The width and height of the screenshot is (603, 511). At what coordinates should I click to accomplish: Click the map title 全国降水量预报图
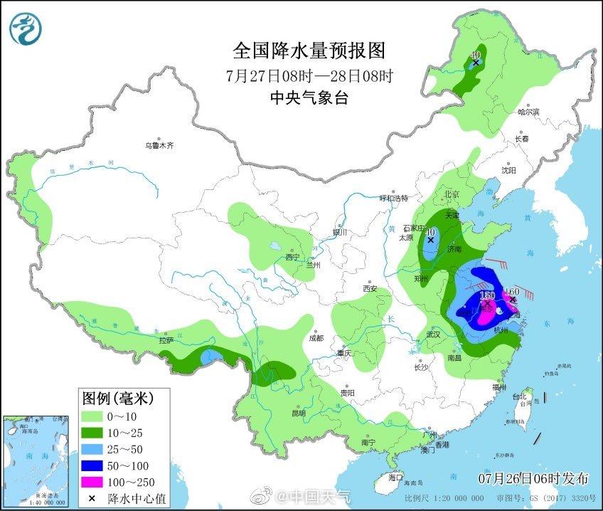point(309,51)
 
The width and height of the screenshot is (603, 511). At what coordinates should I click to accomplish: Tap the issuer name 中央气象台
point(309,99)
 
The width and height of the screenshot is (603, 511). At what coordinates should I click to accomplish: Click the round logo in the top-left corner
point(26,28)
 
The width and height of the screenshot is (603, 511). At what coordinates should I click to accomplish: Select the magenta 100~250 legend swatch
point(95,482)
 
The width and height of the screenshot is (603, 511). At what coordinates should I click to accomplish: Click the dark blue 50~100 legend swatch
point(95,465)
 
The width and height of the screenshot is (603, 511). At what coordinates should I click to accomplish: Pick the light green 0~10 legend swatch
point(95,416)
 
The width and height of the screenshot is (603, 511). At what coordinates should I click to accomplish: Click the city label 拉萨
point(166,340)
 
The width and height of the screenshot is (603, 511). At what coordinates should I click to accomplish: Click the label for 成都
point(316,338)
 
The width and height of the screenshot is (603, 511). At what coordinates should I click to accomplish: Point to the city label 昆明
point(298,413)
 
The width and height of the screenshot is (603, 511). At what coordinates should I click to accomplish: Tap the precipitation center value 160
point(513,291)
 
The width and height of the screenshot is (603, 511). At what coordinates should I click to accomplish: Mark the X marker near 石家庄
point(430,241)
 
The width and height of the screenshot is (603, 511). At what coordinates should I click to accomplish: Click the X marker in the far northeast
point(475,63)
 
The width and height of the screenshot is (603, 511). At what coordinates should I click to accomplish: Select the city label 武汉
point(433,334)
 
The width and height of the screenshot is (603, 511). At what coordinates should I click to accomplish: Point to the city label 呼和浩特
point(394,198)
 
